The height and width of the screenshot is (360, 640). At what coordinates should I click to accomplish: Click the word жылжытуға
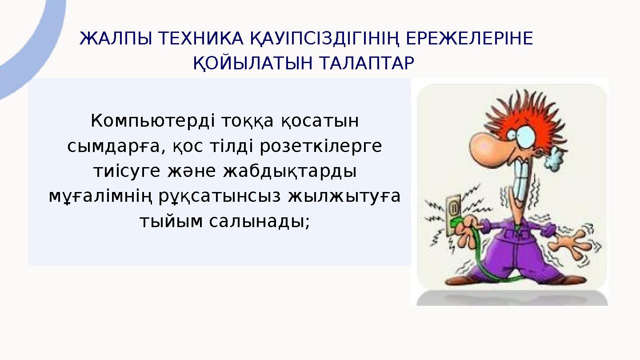(x=344, y=196)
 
